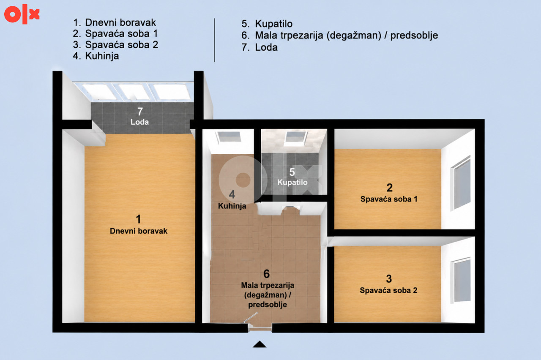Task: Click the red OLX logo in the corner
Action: click(x=22, y=14)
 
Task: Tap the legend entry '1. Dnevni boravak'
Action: click(x=115, y=22)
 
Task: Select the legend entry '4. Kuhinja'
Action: click(x=96, y=56)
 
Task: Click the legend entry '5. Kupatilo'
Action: click(x=267, y=24)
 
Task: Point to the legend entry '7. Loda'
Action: click(x=260, y=47)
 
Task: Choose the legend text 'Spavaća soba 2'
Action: click(x=121, y=45)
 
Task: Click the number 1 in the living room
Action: click(x=138, y=219)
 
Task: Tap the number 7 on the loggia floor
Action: click(x=140, y=112)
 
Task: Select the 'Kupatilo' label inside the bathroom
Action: click(x=292, y=182)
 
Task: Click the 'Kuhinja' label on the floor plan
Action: click(x=232, y=206)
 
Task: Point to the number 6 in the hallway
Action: click(x=266, y=274)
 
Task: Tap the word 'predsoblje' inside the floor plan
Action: click(x=268, y=305)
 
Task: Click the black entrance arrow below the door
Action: click(x=260, y=344)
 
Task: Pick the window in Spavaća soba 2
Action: click(x=461, y=280)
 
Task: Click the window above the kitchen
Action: click(x=229, y=137)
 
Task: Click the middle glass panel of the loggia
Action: click(x=134, y=92)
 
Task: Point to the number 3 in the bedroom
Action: click(x=389, y=279)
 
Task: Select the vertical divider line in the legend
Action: click(x=214, y=40)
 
